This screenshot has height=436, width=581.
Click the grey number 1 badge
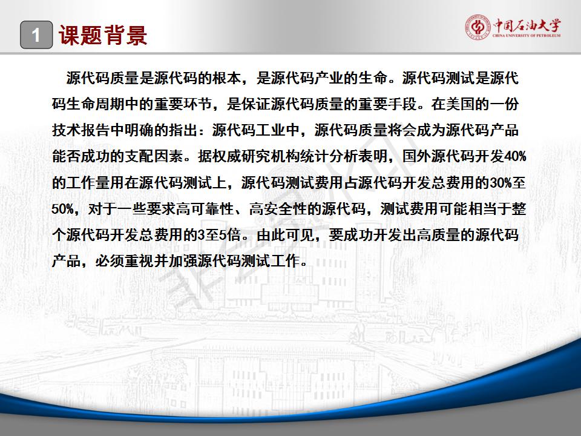click(36, 35)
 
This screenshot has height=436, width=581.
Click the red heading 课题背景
click(103, 36)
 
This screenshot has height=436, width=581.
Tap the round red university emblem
click(478, 27)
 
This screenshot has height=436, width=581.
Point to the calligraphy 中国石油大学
click(527, 25)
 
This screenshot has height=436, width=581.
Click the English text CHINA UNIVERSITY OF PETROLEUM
click(527, 36)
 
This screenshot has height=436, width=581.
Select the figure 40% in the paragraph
click(516, 156)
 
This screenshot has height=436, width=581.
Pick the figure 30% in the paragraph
click(501, 183)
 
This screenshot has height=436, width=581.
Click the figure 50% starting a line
click(62, 209)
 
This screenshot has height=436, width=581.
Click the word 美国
click(460, 104)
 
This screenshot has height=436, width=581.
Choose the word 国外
click(416, 156)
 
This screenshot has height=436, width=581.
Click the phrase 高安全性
click(278, 209)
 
